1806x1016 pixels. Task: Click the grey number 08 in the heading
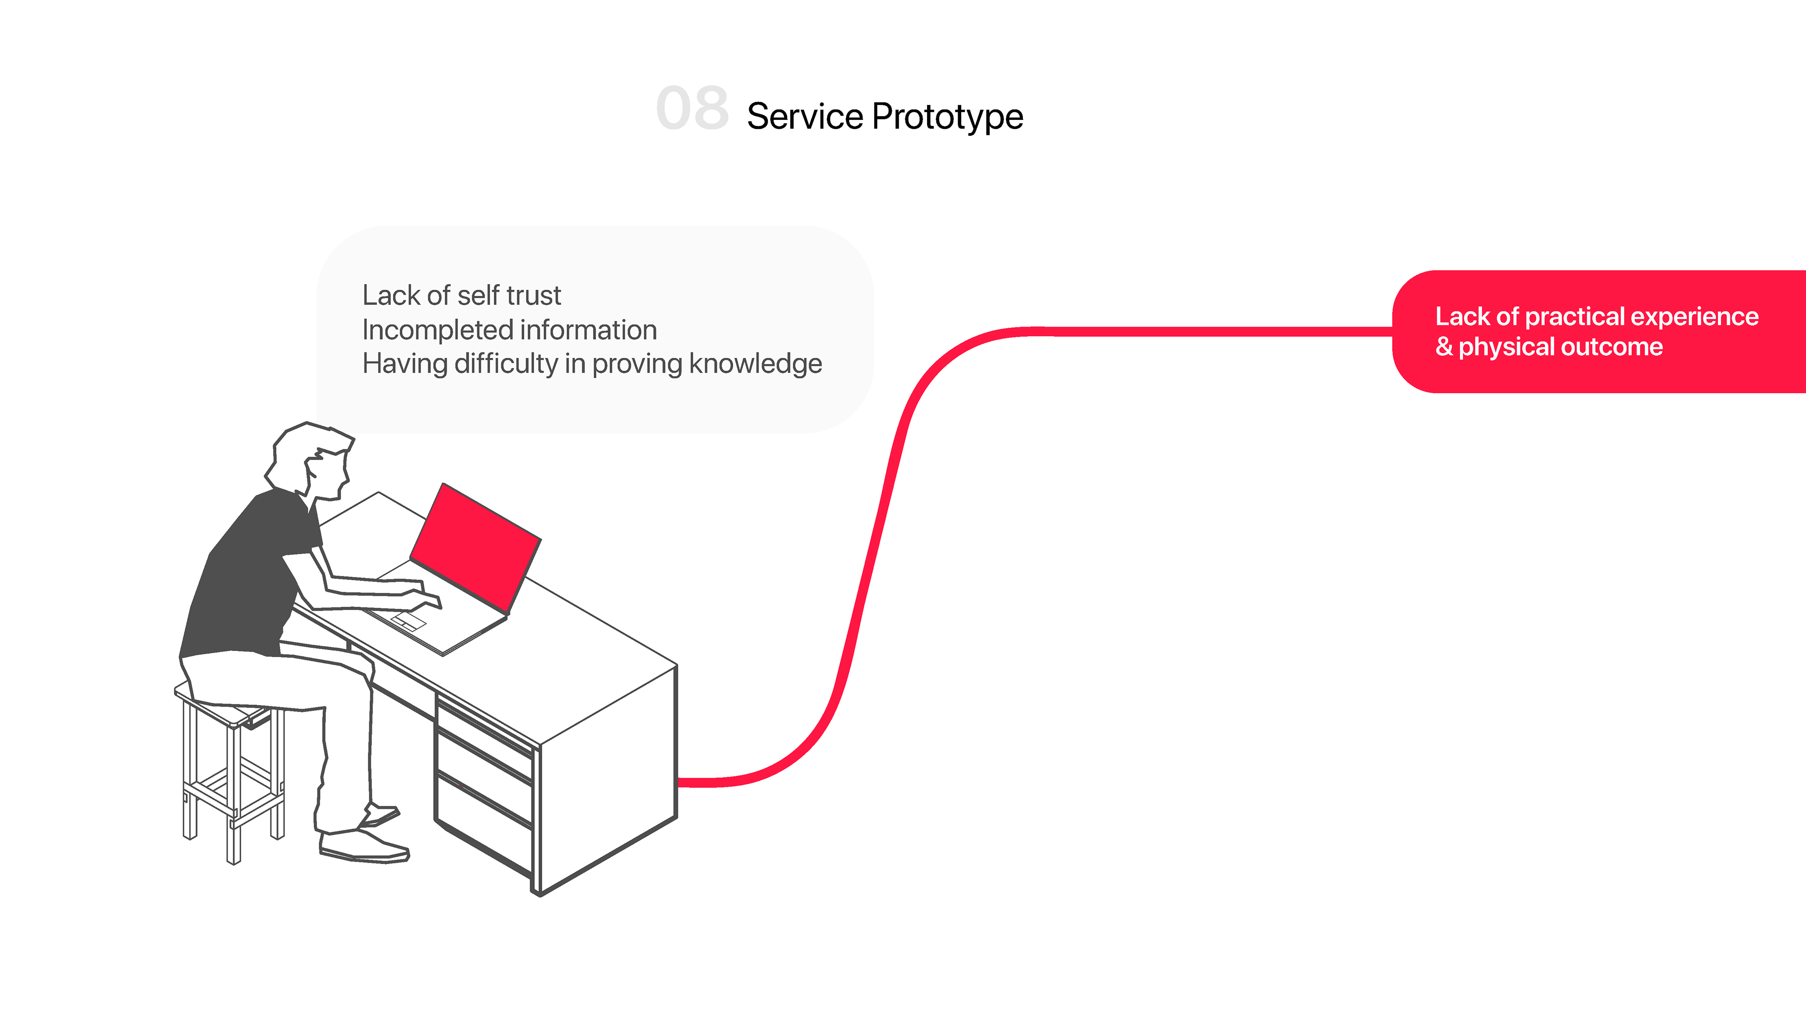point(692,109)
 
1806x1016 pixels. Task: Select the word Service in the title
point(805,116)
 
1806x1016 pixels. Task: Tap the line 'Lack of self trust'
point(461,295)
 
